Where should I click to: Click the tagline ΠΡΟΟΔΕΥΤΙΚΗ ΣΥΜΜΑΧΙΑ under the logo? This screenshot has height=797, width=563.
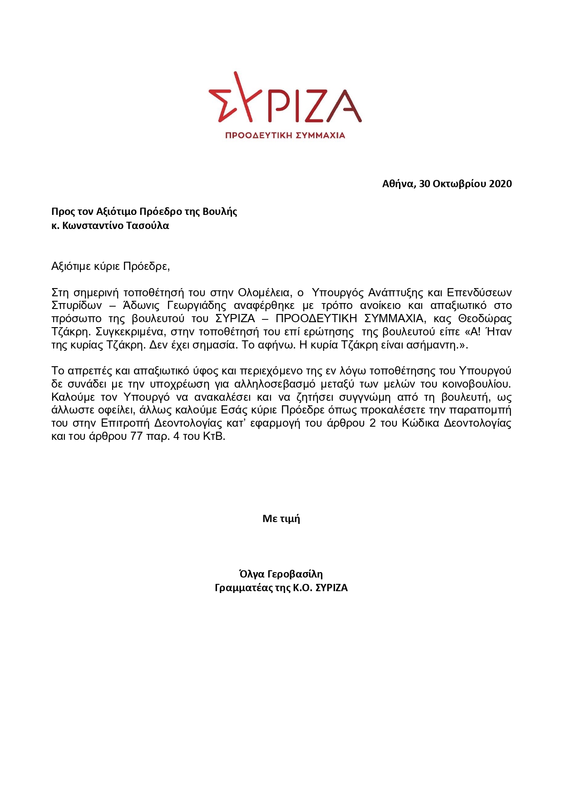tap(285, 135)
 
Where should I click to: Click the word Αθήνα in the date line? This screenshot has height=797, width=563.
tap(398, 184)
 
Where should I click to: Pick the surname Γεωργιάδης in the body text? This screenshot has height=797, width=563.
tap(197, 305)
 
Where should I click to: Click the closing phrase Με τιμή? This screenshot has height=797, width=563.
tap(281, 518)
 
